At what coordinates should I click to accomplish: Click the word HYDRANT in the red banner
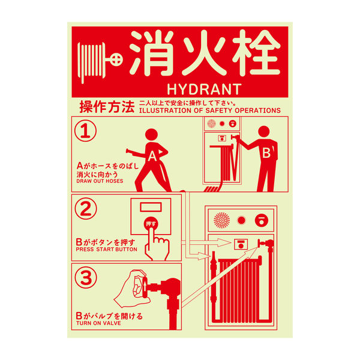point(204,89)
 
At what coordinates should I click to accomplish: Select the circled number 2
point(86,208)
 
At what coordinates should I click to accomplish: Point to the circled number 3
point(86,278)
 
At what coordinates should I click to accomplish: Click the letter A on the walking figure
point(152,156)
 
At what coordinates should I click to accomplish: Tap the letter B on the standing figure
point(266,152)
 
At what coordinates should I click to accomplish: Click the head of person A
point(151,135)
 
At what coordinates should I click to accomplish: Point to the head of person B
point(264,132)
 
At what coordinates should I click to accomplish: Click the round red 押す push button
point(151,223)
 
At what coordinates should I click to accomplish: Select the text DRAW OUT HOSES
point(100,181)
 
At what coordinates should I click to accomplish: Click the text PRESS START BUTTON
point(107,250)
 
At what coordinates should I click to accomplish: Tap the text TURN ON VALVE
point(98,323)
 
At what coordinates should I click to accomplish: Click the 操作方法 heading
point(107,107)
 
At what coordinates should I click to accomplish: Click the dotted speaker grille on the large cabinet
point(221,220)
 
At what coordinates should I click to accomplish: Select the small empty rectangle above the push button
point(151,207)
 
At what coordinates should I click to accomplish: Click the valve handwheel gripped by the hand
point(145,287)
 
